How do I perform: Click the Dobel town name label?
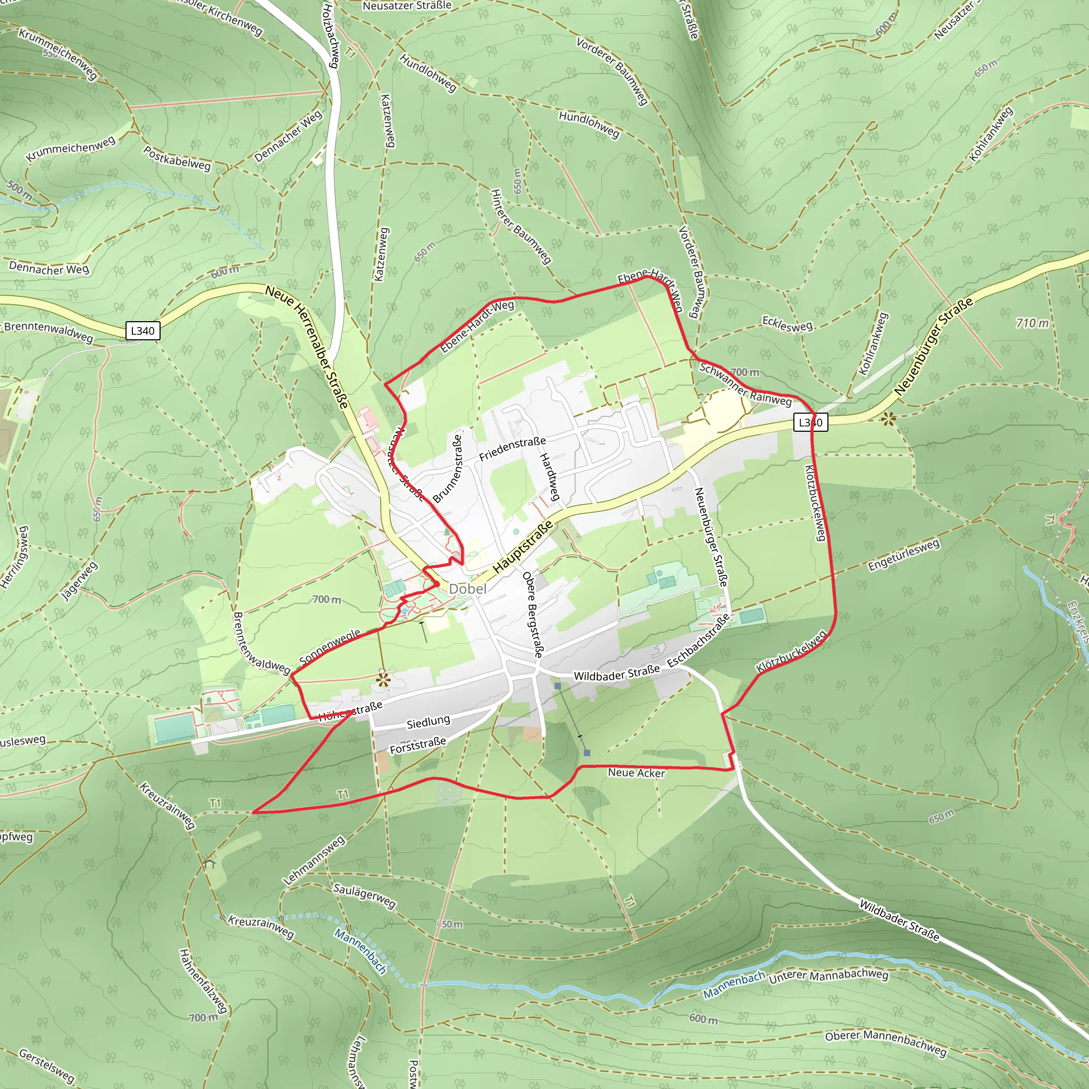click(467, 589)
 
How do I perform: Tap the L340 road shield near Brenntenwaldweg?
click(142, 331)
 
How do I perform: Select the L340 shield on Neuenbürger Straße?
click(810, 422)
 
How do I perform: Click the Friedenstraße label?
click(513, 449)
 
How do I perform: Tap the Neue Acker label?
click(636, 773)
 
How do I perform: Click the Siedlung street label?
click(429, 722)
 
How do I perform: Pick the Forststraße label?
click(417, 745)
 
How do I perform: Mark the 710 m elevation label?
click(1032, 323)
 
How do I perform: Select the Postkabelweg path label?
click(177, 158)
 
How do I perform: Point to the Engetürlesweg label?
click(903, 555)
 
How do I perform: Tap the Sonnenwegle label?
click(330, 647)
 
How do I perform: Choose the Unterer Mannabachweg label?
click(828, 976)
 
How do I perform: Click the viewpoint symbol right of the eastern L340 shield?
click(889, 419)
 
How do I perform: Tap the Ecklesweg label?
click(787, 325)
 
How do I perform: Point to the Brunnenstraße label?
click(448, 468)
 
